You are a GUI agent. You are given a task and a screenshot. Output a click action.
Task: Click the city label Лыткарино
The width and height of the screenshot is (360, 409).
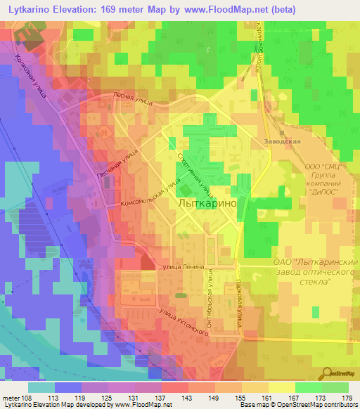[210, 202]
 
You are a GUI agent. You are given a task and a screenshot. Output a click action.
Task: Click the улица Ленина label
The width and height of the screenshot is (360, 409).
[182, 267]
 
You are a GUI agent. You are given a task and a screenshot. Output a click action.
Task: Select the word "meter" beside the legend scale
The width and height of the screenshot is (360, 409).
[11, 397]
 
